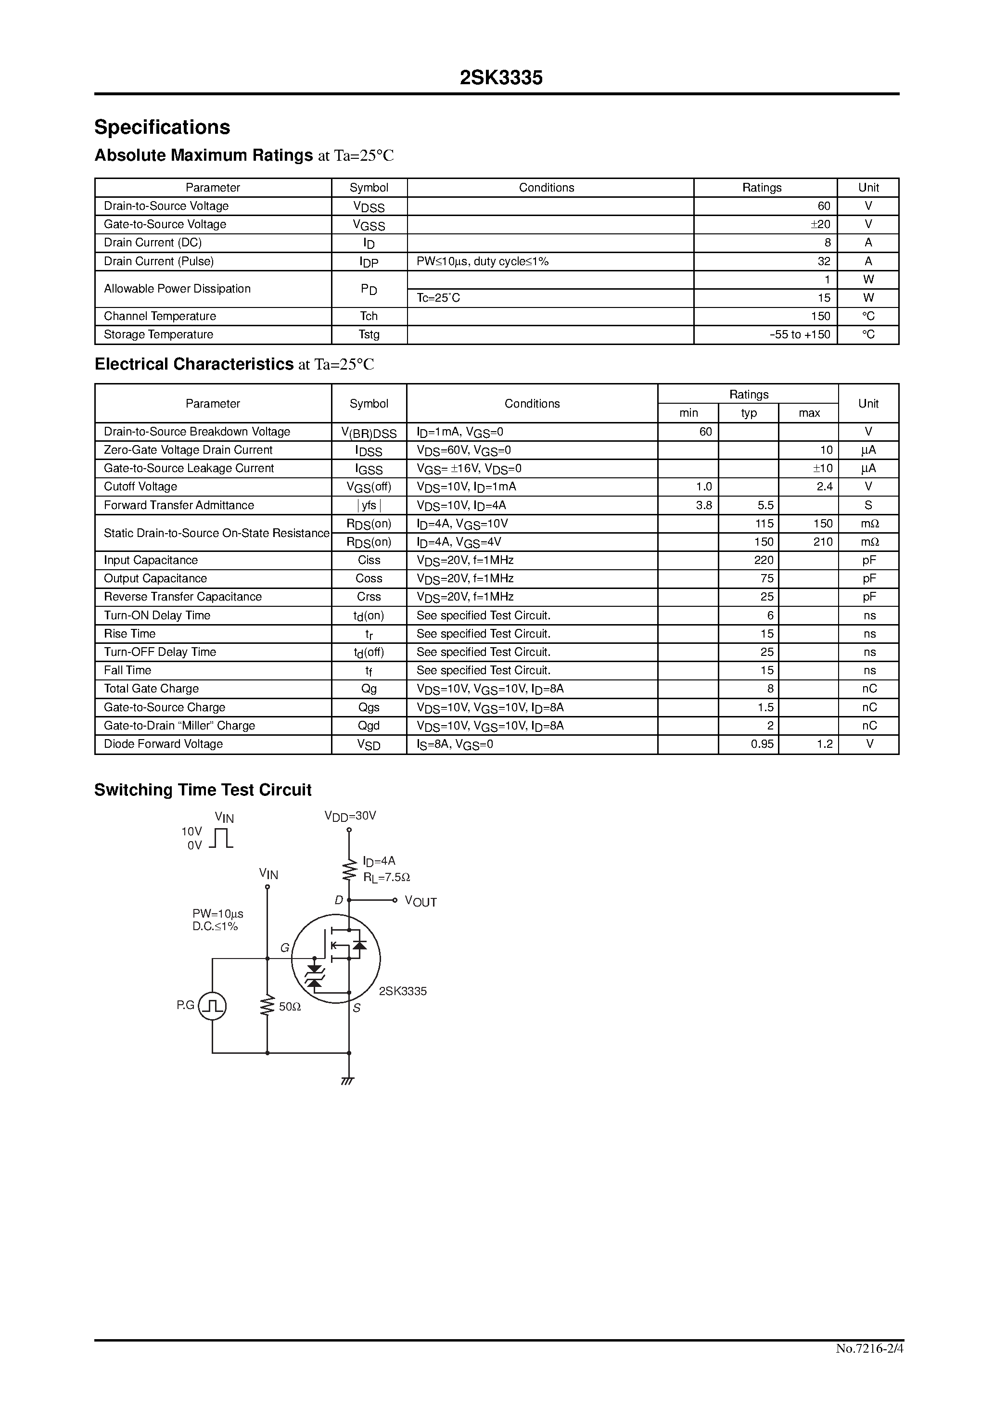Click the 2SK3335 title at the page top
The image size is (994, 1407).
501,78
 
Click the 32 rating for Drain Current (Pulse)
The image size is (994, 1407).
824,261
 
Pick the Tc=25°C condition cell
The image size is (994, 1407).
438,298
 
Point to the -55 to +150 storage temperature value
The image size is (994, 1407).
800,334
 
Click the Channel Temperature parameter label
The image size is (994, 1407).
160,316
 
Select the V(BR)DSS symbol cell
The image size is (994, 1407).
369,433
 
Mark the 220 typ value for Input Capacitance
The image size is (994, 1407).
764,560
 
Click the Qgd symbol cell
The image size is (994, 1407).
369,726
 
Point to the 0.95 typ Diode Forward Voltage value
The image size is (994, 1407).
763,744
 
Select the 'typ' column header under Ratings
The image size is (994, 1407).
748,413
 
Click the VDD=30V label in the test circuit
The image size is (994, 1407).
350,816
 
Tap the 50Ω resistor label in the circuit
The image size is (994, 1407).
290,1007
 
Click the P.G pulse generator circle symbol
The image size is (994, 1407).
213,1006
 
